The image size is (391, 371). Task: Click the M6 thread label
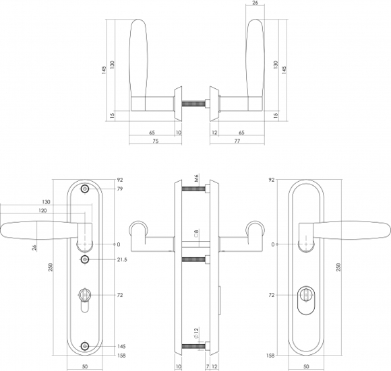[x=196, y=178]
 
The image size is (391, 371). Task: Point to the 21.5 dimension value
[x=122, y=260]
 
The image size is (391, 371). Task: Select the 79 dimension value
[x=120, y=189]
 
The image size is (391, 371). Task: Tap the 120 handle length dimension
[x=42, y=211]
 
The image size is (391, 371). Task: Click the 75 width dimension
[x=155, y=141]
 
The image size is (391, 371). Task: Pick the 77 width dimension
[x=237, y=141]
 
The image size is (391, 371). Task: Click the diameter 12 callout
[x=196, y=333]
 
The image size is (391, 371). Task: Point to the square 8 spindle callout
[x=196, y=234]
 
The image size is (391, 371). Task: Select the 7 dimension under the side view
[x=208, y=366]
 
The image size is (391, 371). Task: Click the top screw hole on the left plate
[x=85, y=189]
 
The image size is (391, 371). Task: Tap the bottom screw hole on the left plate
[x=85, y=346]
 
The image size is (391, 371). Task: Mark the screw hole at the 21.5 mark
[x=85, y=260]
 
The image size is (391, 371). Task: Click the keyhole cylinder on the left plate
[x=85, y=300]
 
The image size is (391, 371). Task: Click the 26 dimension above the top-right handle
[x=255, y=3]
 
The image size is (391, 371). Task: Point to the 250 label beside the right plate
[x=338, y=267]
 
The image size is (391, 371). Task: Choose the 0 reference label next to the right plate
[x=272, y=245]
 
